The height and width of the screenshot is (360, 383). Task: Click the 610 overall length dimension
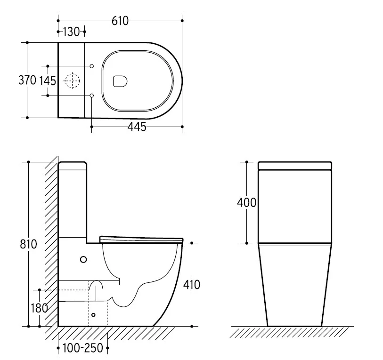coord(120,21)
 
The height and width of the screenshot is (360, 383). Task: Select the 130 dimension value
coord(71,32)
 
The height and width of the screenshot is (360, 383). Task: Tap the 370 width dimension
coord(27,80)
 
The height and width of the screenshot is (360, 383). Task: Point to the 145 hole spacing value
coord(48,81)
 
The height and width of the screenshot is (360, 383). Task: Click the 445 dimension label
coord(137,127)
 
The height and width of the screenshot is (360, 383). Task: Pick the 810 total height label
coord(28,244)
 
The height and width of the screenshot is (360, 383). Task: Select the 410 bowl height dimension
coord(191,285)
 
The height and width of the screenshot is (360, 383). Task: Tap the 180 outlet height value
coord(39,308)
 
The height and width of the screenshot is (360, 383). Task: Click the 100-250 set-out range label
coord(83,348)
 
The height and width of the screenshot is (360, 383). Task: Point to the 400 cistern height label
coord(246,202)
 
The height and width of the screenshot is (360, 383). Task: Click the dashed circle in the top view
coord(72,80)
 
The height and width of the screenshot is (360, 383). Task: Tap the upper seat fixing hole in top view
coord(92,66)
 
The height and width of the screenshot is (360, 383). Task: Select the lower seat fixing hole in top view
coord(92,96)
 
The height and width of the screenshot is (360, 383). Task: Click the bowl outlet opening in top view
coord(120,81)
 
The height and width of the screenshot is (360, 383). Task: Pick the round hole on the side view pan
coord(83,259)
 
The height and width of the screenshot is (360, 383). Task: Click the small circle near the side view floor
coord(93,315)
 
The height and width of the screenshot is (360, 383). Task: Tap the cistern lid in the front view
coord(295,166)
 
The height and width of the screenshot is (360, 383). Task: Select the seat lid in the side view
coord(141,240)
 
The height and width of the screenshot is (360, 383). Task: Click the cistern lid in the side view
coord(73,166)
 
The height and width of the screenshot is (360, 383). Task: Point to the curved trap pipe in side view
coord(97,281)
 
